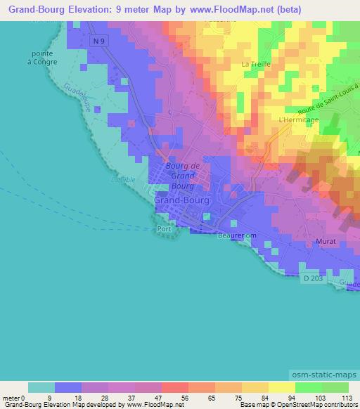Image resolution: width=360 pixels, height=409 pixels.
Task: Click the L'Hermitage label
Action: tap(299, 120)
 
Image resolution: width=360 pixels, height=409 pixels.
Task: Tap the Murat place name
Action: tap(327, 241)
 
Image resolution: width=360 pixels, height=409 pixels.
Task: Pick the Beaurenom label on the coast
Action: tap(234, 236)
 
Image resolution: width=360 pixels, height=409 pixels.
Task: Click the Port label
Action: tap(165, 230)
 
